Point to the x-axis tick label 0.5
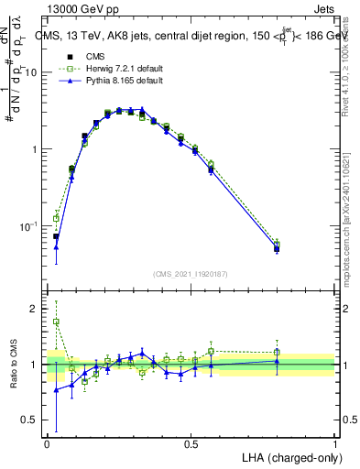coord(191,443)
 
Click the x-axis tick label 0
coord(47,443)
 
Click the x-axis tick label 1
coord(334,443)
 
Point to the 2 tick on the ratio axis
coord(36,309)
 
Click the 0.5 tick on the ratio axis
coord(32,421)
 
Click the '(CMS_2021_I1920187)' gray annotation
coord(191,273)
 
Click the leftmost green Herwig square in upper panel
coord(56,218)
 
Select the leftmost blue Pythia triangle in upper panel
coord(56,246)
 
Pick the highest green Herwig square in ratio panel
coord(56,322)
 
